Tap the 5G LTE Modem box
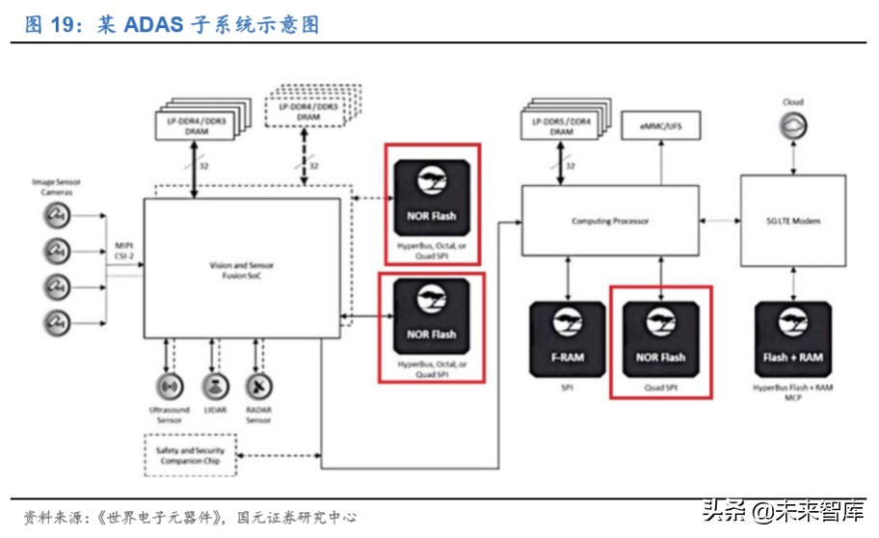pos(792,221)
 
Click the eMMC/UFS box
pos(660,126)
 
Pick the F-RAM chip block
pos(567,341)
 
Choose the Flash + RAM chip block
pos(792,341)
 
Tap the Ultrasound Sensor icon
pos(169,388)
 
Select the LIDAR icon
pos(214,388)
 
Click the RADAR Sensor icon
pos(258,388)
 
